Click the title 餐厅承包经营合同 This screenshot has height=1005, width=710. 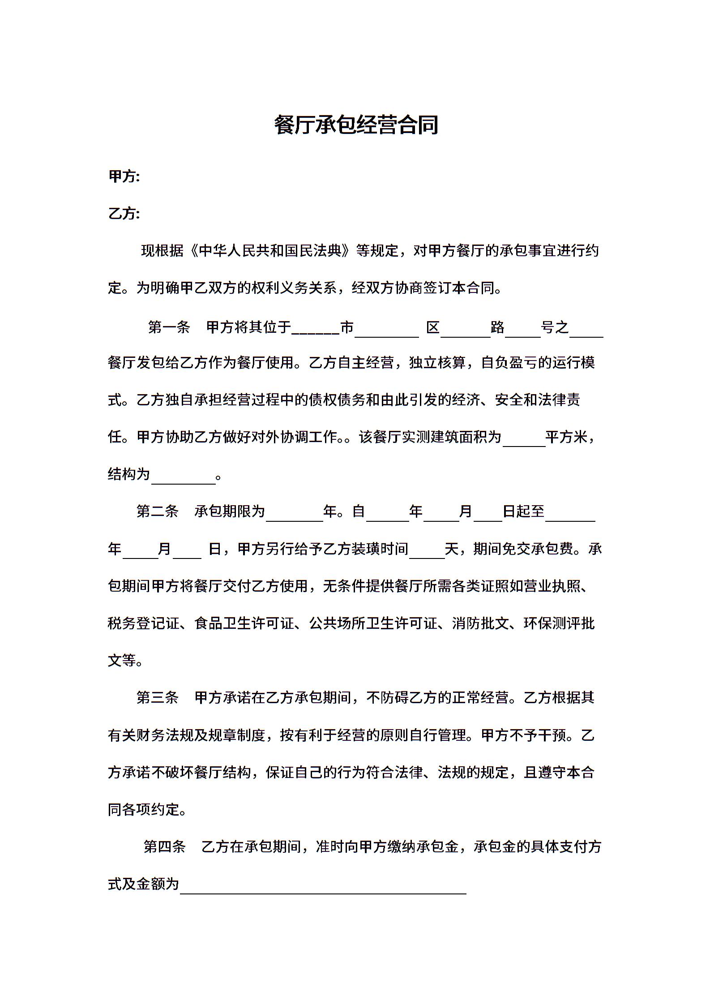click(x=356, y=125)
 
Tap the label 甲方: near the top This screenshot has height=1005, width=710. click(x=124, y=176)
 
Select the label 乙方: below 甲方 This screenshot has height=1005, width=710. click(x=124, y=214)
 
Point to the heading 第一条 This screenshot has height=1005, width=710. click(x=169, y=327)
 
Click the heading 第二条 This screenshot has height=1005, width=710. click(x=157, y=511)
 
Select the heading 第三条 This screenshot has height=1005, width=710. click(x=157, y=697)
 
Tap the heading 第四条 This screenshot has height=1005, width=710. click(x=164, y=846)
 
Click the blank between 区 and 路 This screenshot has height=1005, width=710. click(x=465, y=332)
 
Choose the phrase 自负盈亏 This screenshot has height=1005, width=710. click(x=509, y=362)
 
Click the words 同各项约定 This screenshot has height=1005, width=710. click(x=143, y=809)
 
